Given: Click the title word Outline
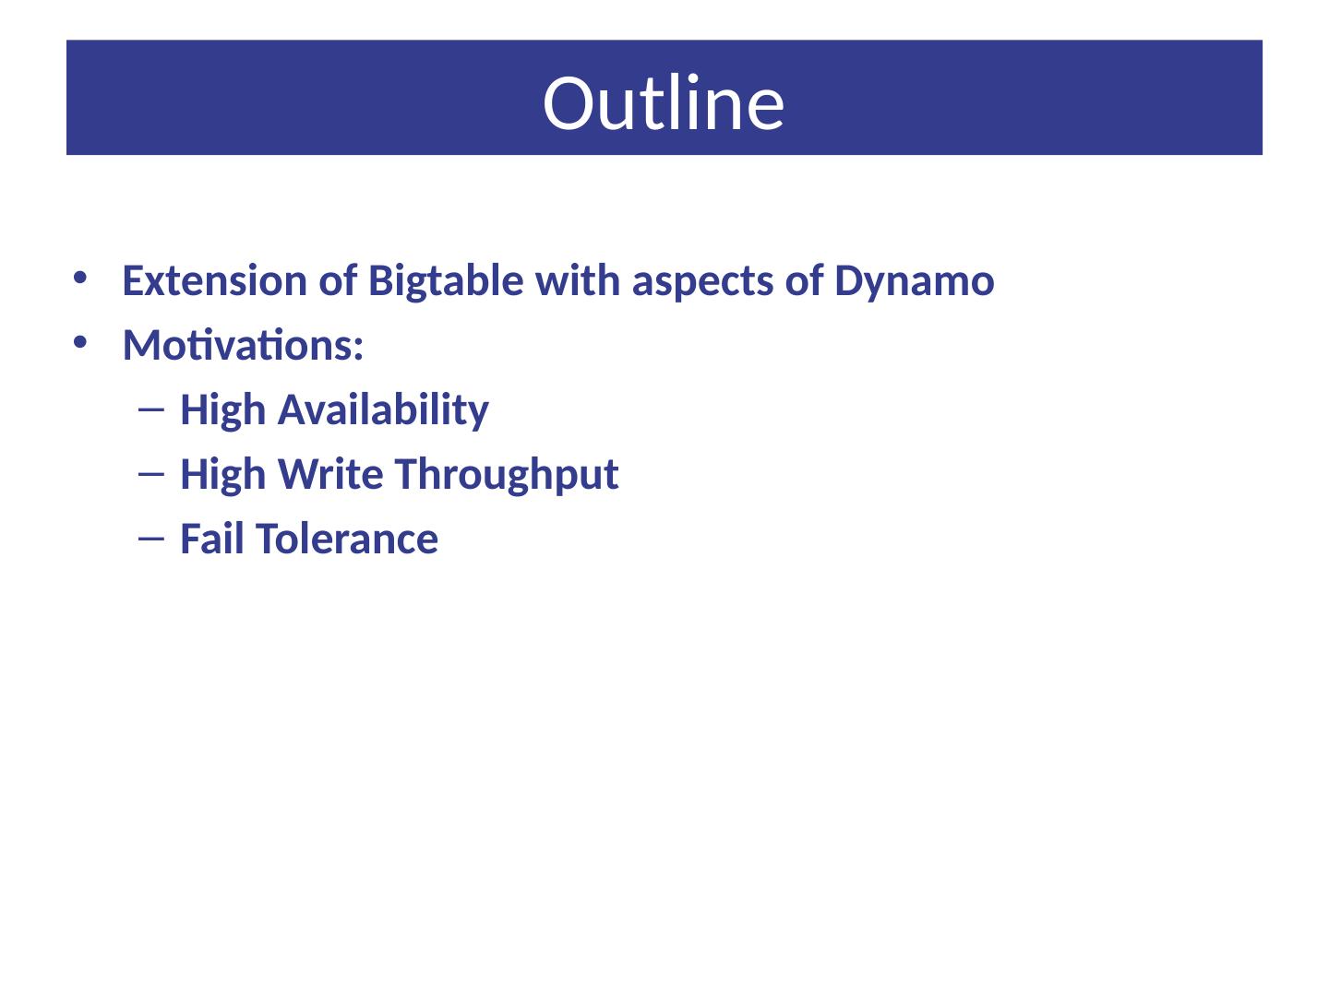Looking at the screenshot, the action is (663, 102).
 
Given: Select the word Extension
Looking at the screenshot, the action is (215, 280).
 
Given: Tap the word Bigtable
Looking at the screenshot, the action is (446, 282).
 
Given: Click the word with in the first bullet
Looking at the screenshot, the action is (578, 280).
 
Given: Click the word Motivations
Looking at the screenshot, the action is (243, 345).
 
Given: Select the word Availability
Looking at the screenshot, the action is (383, 411).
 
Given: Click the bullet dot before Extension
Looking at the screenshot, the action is (80, 279).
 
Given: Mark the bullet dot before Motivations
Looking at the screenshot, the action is (80, 343).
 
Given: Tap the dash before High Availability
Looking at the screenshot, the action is (151, 410).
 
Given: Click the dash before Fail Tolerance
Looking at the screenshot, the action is (151, 539).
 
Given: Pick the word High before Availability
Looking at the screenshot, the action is (222, 411).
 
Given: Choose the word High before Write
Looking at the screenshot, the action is (222, 476).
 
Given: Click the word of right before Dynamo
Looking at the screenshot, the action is (804, 280).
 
